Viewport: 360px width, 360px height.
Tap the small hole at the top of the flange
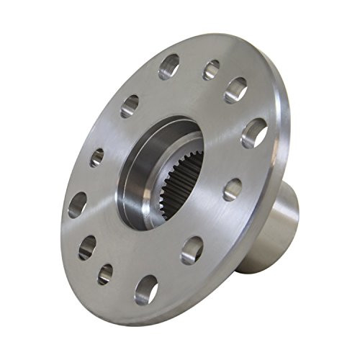tap(211, 69)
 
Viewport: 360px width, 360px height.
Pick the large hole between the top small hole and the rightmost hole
tap(235, 90)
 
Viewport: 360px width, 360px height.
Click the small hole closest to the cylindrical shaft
tap(232, 189)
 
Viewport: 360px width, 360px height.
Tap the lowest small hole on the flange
tap(105, 273)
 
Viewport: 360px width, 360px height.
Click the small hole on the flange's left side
tap(96, 157)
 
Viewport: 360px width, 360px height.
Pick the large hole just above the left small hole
tap(130, 107)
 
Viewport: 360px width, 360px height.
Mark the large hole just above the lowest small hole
tap(88, 247)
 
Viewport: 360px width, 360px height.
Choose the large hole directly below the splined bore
tap(192, 248)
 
